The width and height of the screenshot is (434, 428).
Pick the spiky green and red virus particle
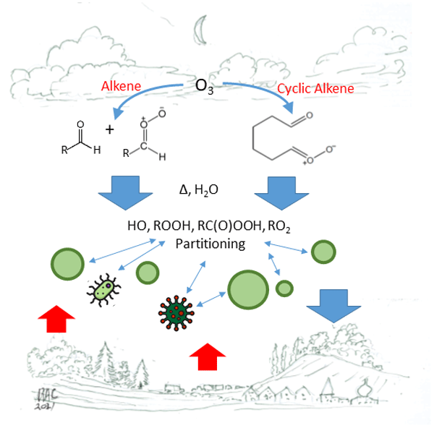click(176, 311)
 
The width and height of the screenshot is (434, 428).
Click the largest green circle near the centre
click(248, 288)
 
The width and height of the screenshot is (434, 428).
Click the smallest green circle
click(285, 288)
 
